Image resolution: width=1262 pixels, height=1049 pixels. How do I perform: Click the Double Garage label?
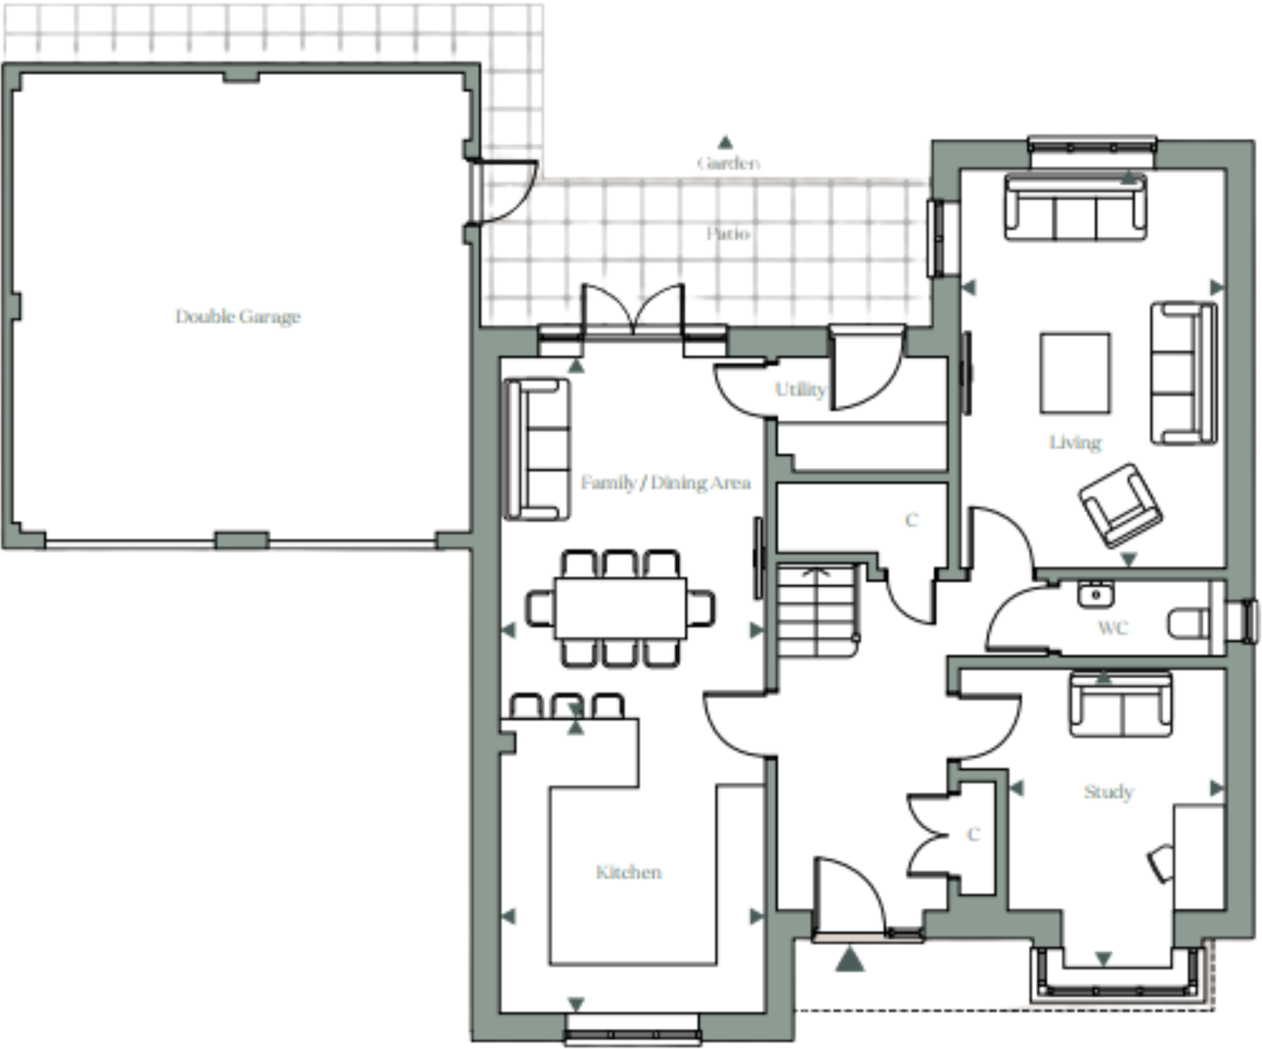tap(238, 317)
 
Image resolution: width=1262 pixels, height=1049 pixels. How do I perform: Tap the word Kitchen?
tap(629, 873)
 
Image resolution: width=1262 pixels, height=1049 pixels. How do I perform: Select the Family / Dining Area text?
tap(665, 483)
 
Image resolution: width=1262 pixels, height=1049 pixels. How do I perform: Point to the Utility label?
tap(800, 389)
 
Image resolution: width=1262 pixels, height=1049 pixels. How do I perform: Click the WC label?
tap(1113, 628)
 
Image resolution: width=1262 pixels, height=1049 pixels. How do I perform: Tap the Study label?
tap(1108, 792)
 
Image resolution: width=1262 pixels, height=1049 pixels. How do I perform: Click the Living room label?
tap(1075, 443)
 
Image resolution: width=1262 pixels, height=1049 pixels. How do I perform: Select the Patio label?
tap(728, 234)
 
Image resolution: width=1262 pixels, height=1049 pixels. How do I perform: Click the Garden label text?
tap(728, 163)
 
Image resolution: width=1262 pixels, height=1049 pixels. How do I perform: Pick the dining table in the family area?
tap(620, 608)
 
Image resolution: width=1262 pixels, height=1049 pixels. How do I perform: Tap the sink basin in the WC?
tap(1095, 595)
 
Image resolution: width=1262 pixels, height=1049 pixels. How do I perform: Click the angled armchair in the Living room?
tap(1120, 505)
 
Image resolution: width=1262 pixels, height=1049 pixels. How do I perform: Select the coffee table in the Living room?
tap(1075, 373)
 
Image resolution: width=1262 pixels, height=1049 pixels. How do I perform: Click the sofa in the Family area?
tap(536, 450)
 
